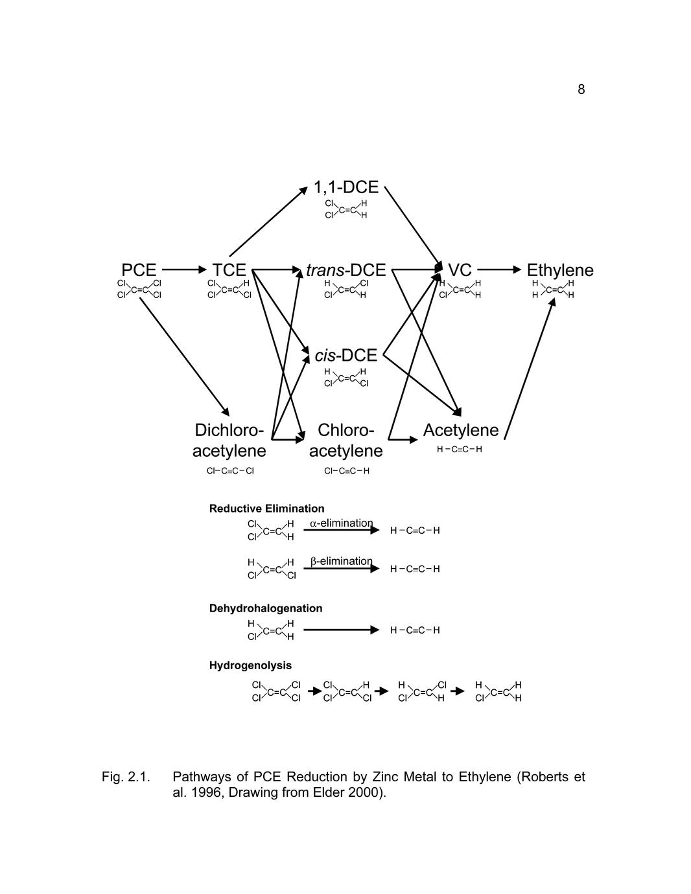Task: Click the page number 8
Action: point(581,89)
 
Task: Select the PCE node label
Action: point(139,269)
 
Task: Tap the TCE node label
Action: point(229,269)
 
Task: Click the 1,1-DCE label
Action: point(345,187)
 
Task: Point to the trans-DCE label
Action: point(346,269)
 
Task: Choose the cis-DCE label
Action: point(345,355)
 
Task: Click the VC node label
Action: point(460,269)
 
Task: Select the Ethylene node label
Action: point(559,269)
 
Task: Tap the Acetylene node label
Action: point(461,430)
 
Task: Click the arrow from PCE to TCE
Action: point(184,269)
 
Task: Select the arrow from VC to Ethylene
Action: point(499,269)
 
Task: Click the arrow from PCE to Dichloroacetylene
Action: point(184,356)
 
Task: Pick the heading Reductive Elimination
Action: point(266,509)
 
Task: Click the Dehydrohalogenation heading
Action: point(265,608)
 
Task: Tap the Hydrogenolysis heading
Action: point(250,665)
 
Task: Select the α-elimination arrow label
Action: point(341,523)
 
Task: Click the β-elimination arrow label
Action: point(341,561)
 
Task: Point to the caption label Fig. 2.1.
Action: point(126,777)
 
